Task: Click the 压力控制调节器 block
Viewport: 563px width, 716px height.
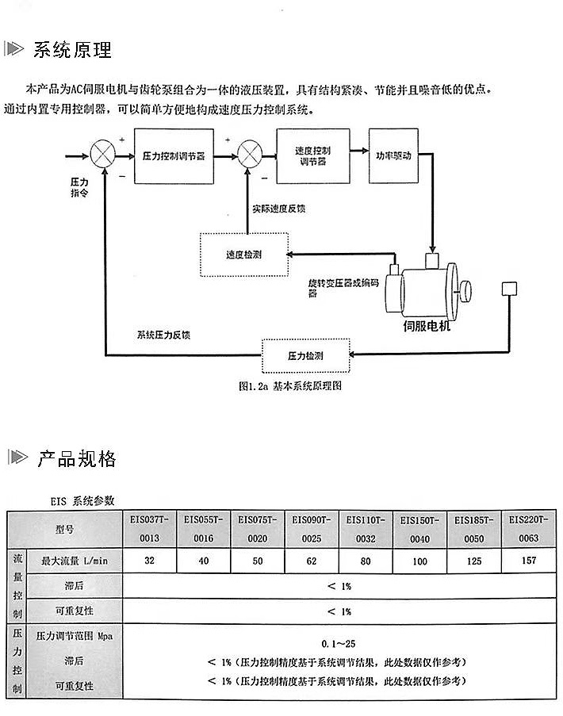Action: click(x=173, y=156)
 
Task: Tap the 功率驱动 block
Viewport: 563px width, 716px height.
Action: click(x=393, y=155)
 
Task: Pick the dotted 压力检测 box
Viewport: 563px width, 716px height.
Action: click(x=305, y=356)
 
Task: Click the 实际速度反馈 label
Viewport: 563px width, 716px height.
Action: click(x=279, y=209)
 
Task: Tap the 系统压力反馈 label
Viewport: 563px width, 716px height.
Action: click(x=163, y=335)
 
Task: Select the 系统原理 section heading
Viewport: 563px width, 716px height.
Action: click(x=72, y=50)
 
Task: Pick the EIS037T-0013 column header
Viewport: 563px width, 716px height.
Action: click(x=149, y=529)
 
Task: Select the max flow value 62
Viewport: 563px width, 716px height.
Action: click(x=312, y=561)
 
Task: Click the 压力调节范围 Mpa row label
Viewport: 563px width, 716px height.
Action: click(x=75, y=636)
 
